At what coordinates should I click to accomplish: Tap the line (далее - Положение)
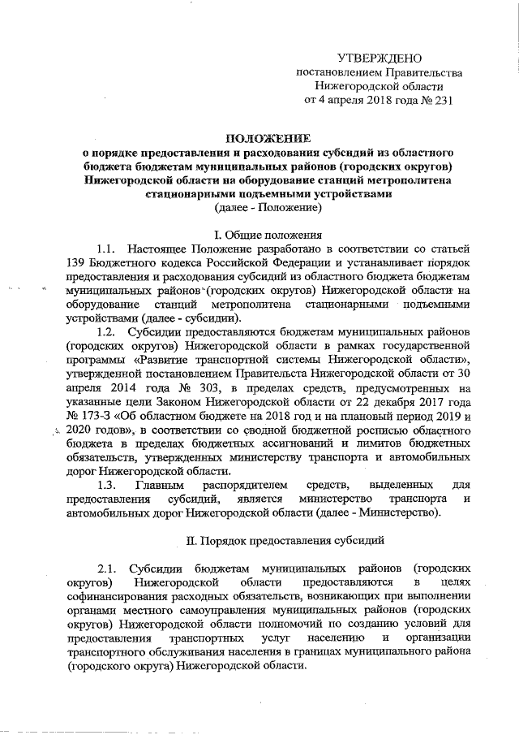268,208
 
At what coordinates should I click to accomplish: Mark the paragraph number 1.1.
108,248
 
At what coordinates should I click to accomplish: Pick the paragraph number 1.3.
108,485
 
